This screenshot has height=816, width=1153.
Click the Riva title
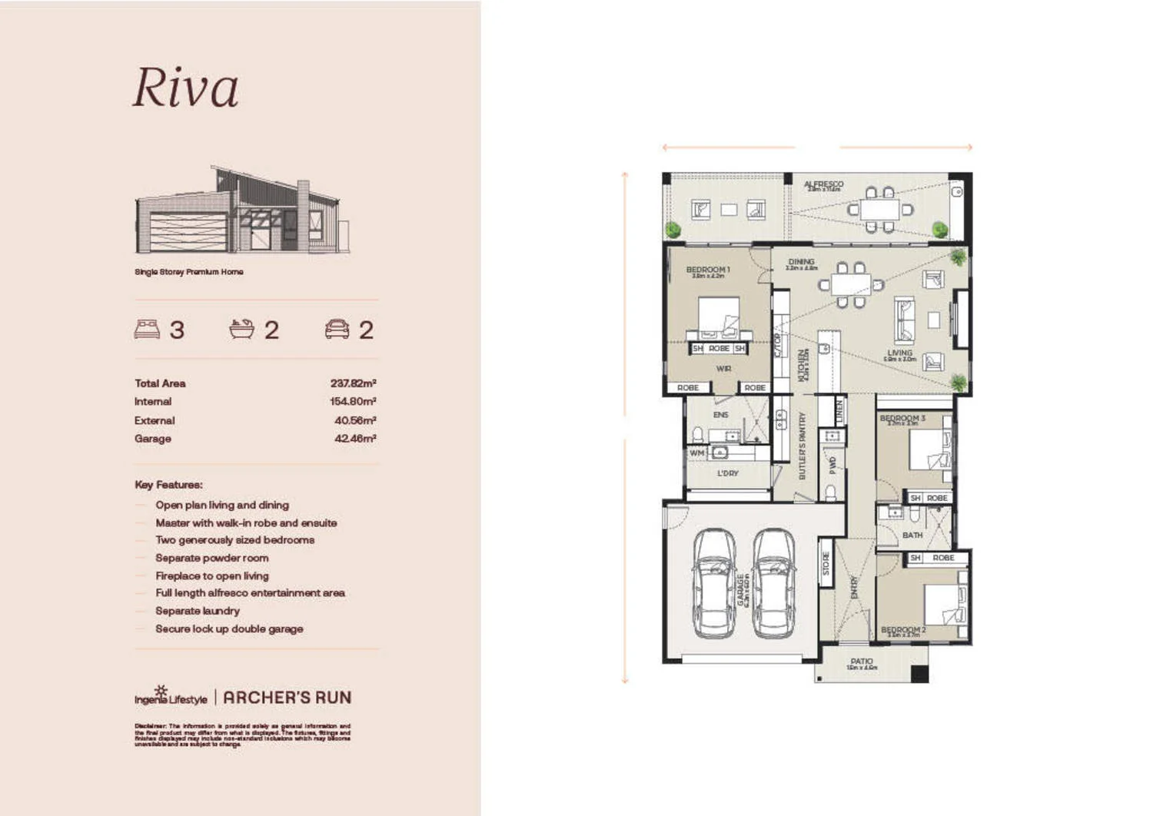pos(185,88)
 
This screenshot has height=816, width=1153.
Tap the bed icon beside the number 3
pos(147,329)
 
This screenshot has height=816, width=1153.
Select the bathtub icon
pos(241,329)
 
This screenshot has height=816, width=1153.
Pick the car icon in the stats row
pos(337,329)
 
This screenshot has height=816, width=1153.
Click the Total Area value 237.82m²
pos(353,383)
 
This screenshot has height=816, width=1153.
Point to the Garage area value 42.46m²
pos(354,439)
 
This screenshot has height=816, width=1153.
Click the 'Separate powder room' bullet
pos(212,558)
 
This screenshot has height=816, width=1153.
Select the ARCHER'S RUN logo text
pos(287,698)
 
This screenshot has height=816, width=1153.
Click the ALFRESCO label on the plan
pos(823,184)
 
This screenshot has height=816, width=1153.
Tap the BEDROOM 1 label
pos(707,270)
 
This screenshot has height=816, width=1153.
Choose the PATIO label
pos(862,661)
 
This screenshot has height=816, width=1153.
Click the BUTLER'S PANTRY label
pos(802,446)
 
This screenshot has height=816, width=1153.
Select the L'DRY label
pos(727,473)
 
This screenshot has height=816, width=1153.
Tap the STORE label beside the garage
pos(826,563)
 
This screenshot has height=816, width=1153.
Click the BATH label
pos(912,535)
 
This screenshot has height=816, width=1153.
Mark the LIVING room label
pos(899,353)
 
